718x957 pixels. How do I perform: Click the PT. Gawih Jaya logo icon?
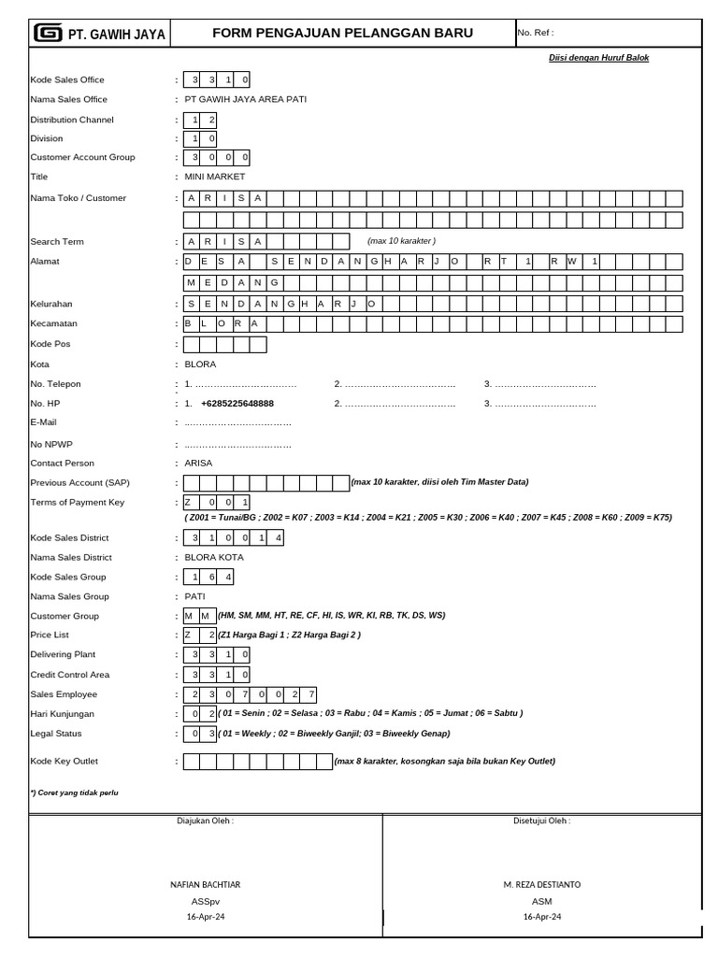47,34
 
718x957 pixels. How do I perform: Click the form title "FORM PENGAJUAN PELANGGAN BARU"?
342,33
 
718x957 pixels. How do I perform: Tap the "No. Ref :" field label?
536,33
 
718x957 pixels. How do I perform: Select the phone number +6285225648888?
237,404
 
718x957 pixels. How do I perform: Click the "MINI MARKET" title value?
215,177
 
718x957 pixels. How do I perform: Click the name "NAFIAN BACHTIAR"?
205,884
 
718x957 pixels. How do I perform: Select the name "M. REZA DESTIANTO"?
541,884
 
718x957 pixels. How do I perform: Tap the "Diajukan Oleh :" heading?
205,821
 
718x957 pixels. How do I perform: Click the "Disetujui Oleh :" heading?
541,821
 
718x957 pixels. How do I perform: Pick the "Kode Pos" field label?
50,345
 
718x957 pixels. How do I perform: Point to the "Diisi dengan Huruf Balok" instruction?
598,58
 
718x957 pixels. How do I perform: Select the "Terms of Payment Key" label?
78,502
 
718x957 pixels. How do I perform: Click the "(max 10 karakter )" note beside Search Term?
402,241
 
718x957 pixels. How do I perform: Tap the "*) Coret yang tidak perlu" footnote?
75,793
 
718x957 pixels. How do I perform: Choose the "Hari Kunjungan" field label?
64,713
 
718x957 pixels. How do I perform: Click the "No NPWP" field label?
51,444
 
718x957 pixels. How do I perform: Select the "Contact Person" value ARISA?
198,463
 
